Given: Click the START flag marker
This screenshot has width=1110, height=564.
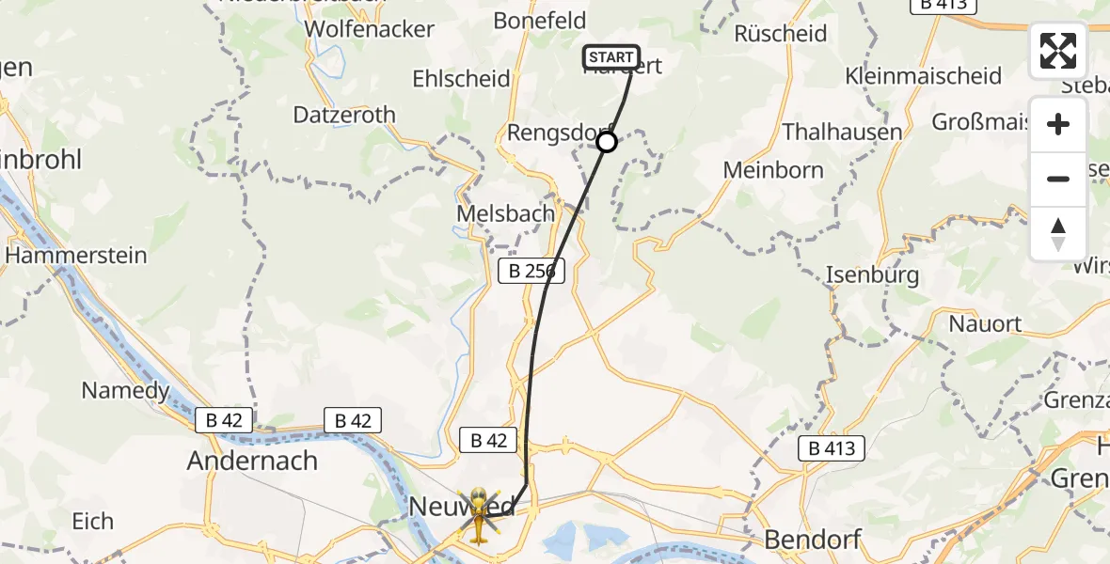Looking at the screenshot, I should coord(611,57).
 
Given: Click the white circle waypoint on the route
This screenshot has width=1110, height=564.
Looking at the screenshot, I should coord(607,142).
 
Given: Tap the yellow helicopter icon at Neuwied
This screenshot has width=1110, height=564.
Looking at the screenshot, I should coord(479,514).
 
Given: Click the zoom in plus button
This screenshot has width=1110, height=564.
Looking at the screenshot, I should coord(1058,125).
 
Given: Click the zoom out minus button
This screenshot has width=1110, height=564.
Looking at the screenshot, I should coord(1058,179).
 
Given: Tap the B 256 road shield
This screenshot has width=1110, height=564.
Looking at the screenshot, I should coord(531,272).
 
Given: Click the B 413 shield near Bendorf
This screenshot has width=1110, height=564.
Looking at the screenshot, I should coord(832,448).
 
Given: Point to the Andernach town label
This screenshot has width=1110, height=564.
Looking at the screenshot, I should coord(252,461).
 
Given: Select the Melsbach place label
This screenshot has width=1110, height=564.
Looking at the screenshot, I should coord(505,213).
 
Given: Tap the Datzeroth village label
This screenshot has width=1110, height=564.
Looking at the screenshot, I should coord(344,115).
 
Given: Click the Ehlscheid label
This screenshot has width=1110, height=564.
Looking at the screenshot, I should coord(461,79).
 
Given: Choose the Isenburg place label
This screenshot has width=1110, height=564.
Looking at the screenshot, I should coord(872,275).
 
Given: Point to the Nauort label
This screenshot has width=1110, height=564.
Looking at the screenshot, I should coord(985,324).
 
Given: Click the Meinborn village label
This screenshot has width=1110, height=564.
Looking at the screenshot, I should coord(773,170).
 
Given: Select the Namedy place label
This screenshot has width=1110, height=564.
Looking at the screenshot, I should coord(126,390).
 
